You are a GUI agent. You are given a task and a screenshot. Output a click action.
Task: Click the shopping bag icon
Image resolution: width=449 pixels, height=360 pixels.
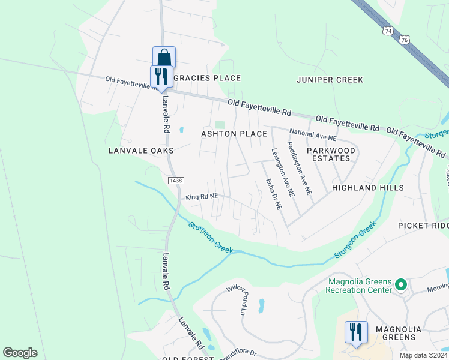click(x=164, y=58)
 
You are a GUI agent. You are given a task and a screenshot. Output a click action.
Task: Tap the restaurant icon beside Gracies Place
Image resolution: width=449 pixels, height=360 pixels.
click(x=161, y=76)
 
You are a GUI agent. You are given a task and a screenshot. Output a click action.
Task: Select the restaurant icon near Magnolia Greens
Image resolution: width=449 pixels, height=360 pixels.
click(x=355, y=332)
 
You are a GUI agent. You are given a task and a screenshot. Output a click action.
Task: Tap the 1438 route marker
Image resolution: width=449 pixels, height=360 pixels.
click(x=176, y=180)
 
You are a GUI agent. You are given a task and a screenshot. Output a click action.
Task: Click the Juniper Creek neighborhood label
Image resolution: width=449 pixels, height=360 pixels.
click(x=330, y=79)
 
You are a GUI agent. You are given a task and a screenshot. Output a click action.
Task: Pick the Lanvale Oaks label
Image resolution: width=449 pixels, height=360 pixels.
click(x=141, y=150)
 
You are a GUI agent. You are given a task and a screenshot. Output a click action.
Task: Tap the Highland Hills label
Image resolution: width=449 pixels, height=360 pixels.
click(x=368, y=188)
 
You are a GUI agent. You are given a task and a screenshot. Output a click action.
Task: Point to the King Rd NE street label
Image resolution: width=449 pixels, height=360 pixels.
click(x=202, y=196)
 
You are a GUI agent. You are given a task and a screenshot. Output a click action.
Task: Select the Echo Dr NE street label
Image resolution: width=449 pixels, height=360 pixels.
click(x=274, y=193)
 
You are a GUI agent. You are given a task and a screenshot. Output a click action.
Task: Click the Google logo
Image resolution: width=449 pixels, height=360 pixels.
click(x=20, y=353)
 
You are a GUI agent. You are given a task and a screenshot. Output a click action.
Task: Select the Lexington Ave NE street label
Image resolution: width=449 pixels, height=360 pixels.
click(x=282, y=173)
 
